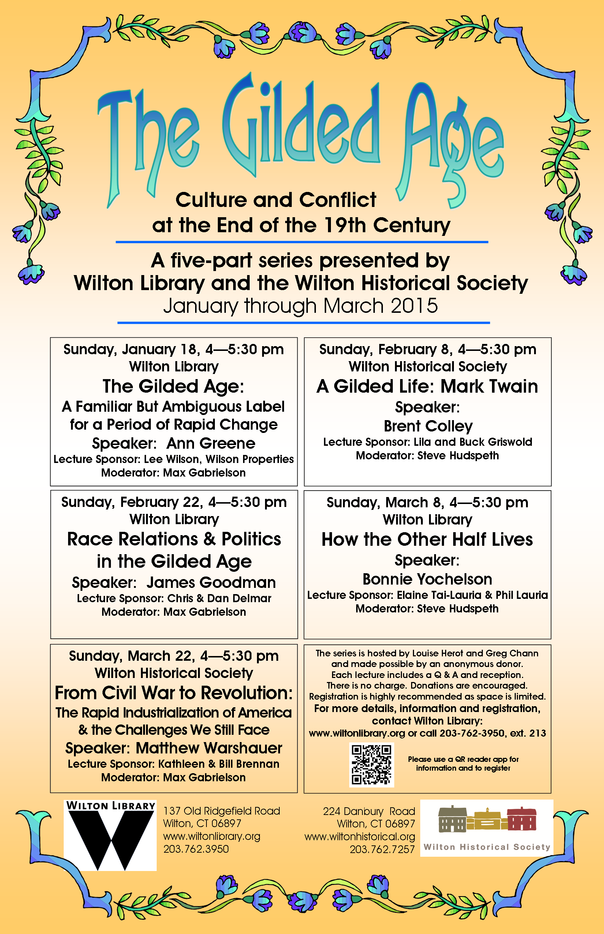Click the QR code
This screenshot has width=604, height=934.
pyautogui.click(x=372, y=764)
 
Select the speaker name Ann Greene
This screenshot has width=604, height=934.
pyautogui.click(x=210, y=444)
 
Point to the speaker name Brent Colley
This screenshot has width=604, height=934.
pyautogui.click(x=428, y=426)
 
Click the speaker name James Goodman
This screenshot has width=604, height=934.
pyautogui.click(x=211, y=582)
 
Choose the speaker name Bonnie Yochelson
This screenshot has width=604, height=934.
pyautogui.click(x=427, y=579)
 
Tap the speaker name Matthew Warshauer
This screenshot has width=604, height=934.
pyautogui.click(x=209, y=748)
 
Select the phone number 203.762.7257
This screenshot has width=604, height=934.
pyautogui.click(x=382, y=849)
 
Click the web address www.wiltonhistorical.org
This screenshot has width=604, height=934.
pyautogui.click(x=359, y=837)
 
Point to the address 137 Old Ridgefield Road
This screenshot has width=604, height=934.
pyautogui.click(x=221, y=811)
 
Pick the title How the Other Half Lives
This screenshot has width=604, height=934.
pyautogui.click(x=427, y=539)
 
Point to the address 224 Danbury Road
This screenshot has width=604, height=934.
pyautogui.click(x=369, y=811)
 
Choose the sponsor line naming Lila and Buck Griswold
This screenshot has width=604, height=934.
pyautogui.click(x=428, y=442)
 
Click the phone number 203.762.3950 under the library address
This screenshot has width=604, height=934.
pyautogui.click(x=196, y=849)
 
